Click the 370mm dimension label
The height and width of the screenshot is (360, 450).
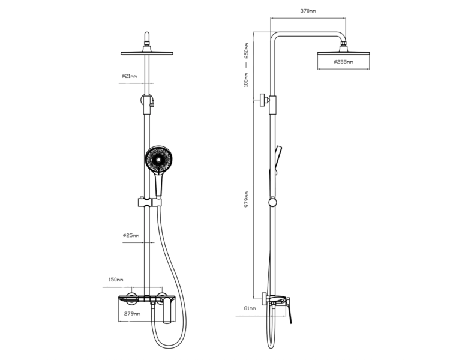pos(308,11)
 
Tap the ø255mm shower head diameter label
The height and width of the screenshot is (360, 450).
pos(344,62)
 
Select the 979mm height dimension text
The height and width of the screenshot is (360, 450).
pos(246,200)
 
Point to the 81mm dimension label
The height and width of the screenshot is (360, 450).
pos(250,308)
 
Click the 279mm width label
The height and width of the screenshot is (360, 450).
pos(133,313)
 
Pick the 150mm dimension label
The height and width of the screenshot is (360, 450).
pos(116,280)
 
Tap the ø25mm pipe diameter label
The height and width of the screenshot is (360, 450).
pos(131,235)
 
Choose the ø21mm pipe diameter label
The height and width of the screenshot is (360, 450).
pos(129,76)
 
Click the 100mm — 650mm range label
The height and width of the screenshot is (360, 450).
pos(246,65)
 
